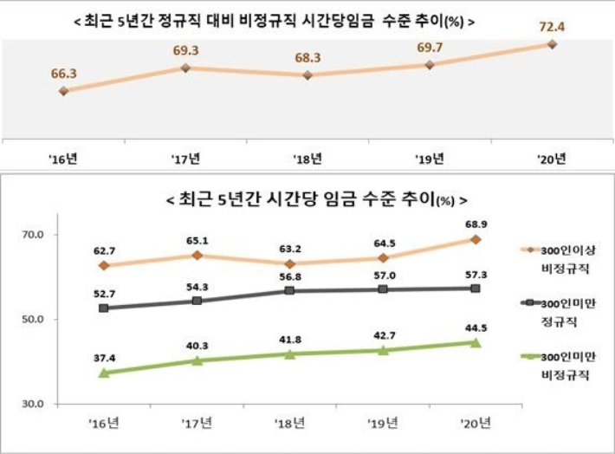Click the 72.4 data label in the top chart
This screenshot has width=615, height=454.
coord(552,26)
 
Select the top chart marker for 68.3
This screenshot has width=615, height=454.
coord(307,75)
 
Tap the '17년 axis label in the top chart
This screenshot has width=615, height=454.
coord(184,159)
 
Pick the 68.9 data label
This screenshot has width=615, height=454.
coord(476,224)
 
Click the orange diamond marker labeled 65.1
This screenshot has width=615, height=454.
coord(197,256)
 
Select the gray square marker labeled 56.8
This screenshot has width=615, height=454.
coord(290,291)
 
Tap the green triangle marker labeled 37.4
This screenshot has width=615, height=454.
coord(104,373)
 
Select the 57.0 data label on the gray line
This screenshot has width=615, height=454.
coord(382,274)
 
